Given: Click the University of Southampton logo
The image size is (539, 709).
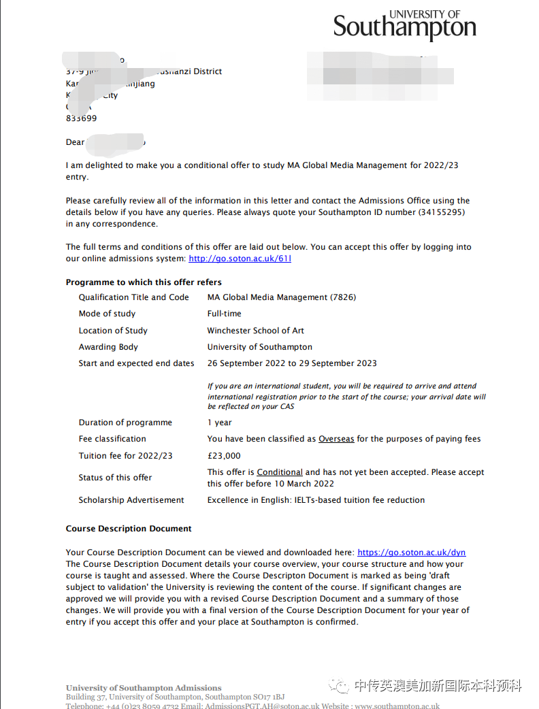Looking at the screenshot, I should tap(404, 25).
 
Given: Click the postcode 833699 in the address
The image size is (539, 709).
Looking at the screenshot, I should tap(81, 118).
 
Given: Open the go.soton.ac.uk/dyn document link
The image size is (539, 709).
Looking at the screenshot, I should tap(411, 553).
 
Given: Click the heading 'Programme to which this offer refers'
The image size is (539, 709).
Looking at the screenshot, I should tap(144, 282).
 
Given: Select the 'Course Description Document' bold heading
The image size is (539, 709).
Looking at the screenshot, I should tap(129, 529).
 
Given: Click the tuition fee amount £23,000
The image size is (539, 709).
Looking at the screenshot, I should tap(224, 456).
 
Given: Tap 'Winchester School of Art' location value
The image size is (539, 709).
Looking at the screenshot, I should tap(255, 331).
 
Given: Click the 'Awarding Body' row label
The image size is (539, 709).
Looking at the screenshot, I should tap(108, 347).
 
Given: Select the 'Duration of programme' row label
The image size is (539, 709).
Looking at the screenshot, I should tap(125, 423).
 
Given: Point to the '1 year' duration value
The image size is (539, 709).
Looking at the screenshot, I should tap(220, 423).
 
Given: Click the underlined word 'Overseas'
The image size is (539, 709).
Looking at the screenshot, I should tap(336, 439).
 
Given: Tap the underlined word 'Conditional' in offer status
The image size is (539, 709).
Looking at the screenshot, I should tap(280, 472).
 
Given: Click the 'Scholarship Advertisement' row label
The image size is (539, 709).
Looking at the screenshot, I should tap(131, 500).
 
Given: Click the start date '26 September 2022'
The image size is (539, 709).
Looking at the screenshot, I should tap(246, 363).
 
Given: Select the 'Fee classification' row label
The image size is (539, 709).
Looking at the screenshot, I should tap(112, 439).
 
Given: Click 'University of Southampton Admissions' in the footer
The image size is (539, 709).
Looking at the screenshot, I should tap(144, 688).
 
